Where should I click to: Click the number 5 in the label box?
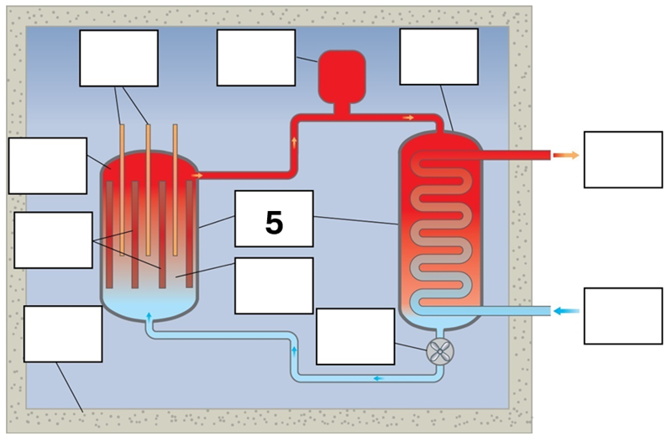pyautogui.click(x=273, y=223)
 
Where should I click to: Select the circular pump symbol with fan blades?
pyautogui.click(x=438, y=351)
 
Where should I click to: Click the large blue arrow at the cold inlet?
pyautogui.click(x=567, y=311)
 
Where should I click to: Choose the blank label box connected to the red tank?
pyautogui.click(x=255, y=57)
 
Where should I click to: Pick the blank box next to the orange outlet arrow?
pyautogui.click(x=622, y=159)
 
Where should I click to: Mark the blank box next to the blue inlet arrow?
pyautogui.click(x=622, y=315)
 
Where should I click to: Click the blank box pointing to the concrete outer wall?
pyautogui.click(x=63, y=334)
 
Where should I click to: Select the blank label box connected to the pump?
pyautogui.click(x=354, y=335)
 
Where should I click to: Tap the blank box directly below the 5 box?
pyautogui.click(x=273, y=285)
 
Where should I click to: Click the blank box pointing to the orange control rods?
pyautogui.click(x=118, y=58)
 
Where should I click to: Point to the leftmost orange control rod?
pyautogui.click(x=123, y=189)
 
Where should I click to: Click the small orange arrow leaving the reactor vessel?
pyautogui.click(x=197, y=175)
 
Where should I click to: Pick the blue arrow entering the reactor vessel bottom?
pyautogui.click(x=150, y=316)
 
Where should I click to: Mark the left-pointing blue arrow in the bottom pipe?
pyautogui.click(x=378, y=378)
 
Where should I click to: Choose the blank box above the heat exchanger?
pyautogui.click(x=438, y=56)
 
